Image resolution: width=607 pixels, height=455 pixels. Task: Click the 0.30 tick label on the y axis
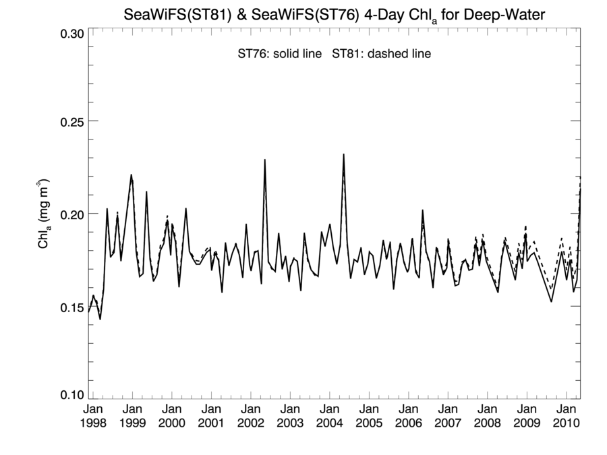[69, 32]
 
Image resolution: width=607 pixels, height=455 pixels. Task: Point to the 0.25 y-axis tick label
[69, 121]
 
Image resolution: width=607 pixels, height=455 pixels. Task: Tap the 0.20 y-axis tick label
[69, 214]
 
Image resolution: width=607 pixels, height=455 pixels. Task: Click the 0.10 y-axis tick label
[69, 395]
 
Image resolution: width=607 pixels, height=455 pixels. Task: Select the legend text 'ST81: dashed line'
[381, 54]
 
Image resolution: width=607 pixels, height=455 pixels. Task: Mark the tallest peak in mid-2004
[344, 154]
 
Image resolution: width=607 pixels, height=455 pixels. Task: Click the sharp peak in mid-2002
[265, 160]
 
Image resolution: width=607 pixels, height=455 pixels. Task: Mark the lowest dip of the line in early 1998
[100, 319]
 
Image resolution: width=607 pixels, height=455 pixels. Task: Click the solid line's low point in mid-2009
[551, 301]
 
